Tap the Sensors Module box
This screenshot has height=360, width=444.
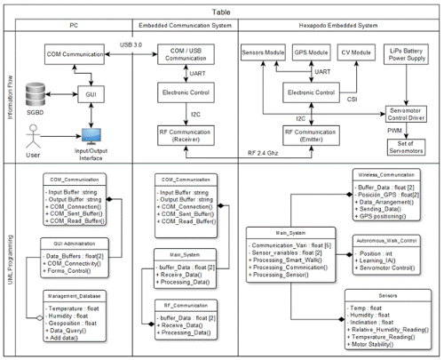click(268, 54)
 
